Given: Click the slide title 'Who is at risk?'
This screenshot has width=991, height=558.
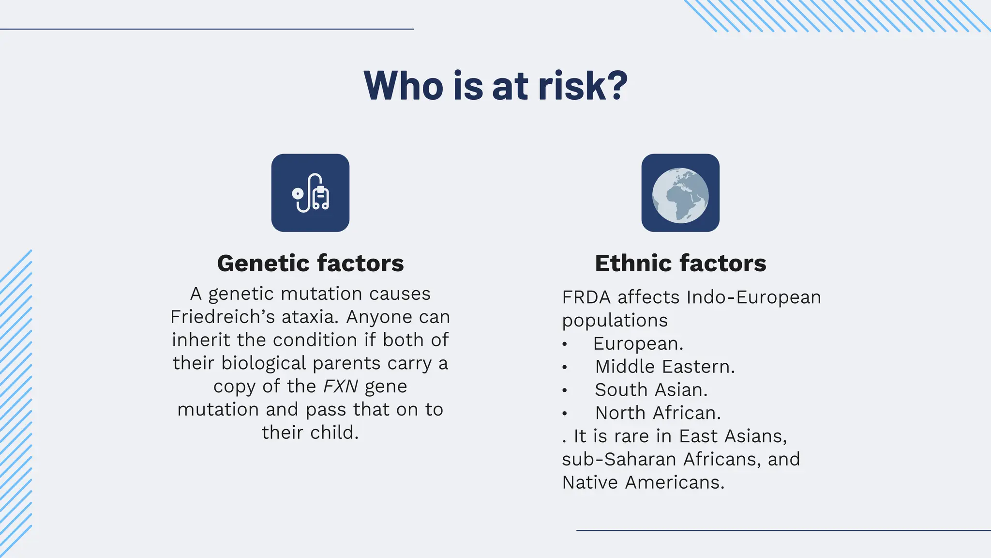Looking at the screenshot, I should [495, 86].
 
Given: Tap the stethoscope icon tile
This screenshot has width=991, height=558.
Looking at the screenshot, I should [310, 193].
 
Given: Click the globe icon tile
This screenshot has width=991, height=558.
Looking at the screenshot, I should [680, 193].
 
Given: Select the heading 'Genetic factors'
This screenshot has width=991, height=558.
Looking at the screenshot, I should [310, 263].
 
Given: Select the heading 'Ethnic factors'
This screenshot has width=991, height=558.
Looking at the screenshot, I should [680, 263].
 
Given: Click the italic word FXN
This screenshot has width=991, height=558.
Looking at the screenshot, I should [340, 386].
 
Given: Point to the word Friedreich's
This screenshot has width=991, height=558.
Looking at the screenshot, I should [223, 317].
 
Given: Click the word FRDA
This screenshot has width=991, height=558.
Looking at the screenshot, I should [586, 297].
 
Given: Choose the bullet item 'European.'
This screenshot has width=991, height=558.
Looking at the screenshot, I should [638, 344].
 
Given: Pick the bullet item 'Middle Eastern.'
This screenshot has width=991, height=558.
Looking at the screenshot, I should [665, 367].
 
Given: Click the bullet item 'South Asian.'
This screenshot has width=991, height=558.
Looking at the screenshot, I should [651, 390].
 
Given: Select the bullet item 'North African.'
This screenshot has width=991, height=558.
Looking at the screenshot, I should [658, 413].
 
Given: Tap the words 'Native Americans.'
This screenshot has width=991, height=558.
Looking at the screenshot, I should [643, 482].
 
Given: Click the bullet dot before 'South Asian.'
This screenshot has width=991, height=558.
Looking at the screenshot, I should [565, 390].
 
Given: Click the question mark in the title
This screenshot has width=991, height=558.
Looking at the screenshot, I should [616, 86].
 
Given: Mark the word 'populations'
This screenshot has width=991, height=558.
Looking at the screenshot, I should [615, 321].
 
